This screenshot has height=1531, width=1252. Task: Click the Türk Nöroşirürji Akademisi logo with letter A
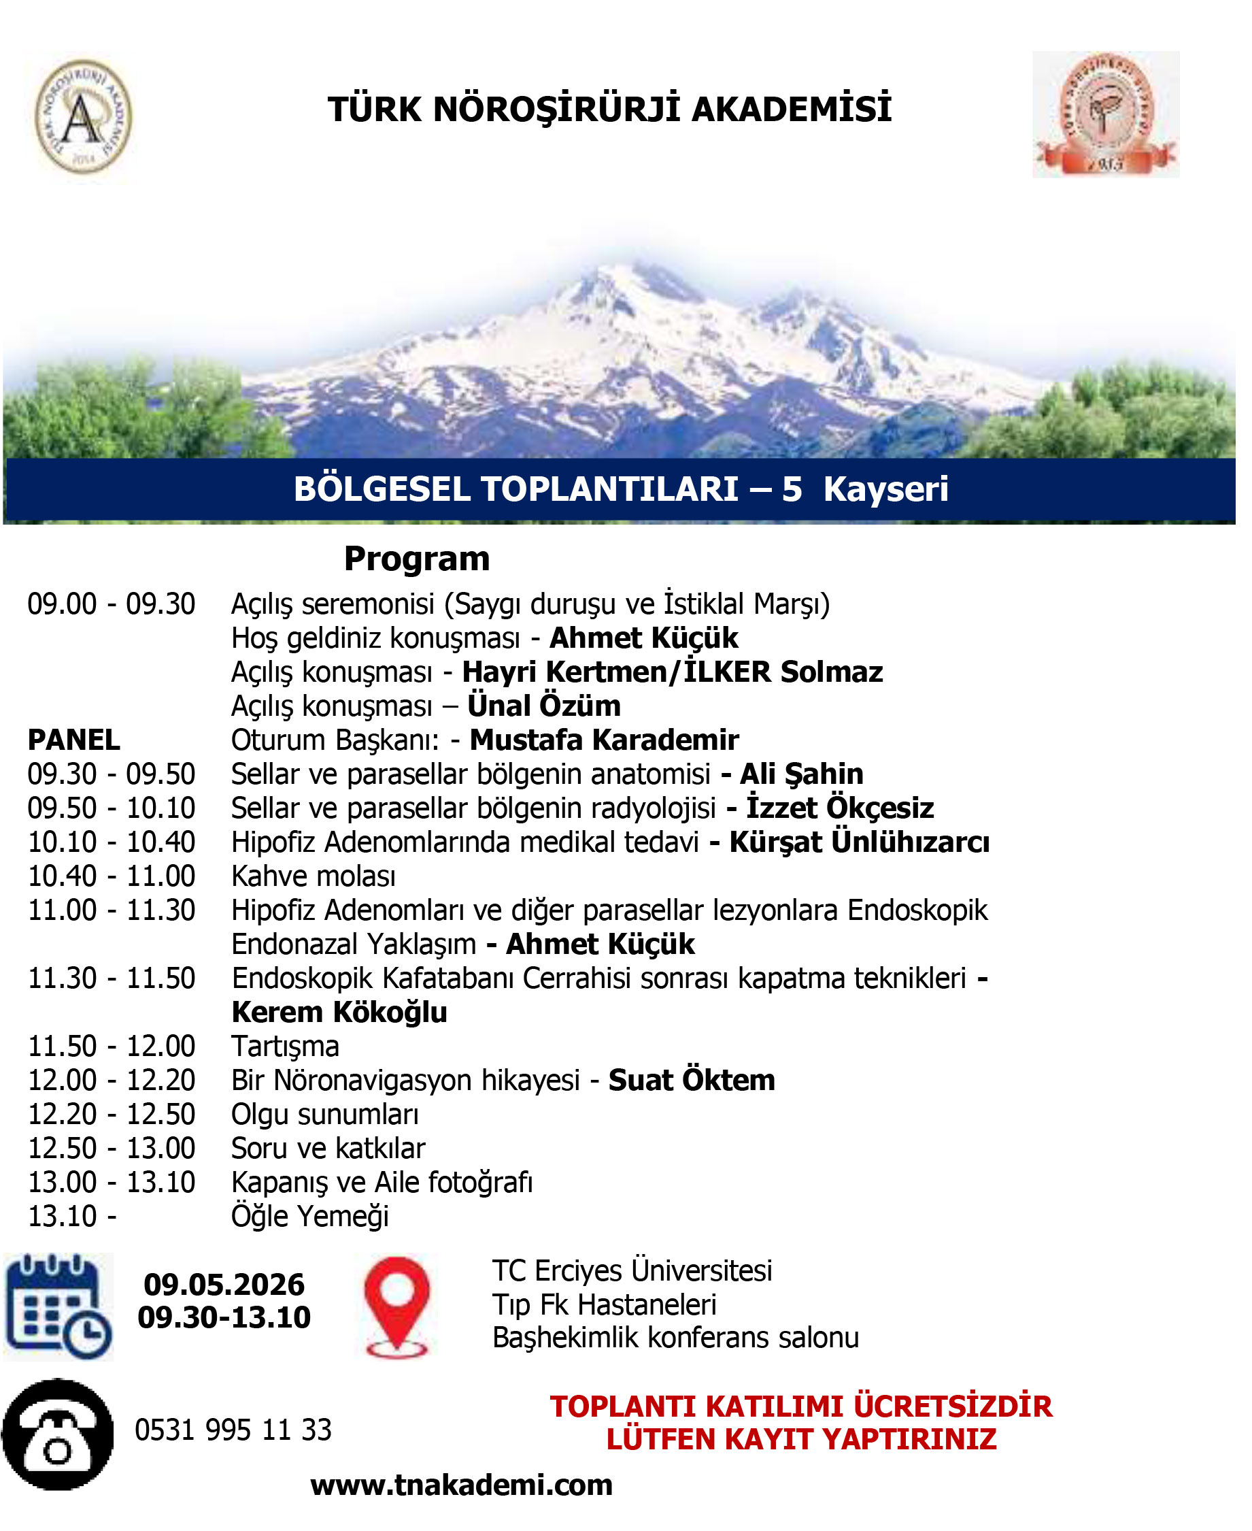coord(84,116)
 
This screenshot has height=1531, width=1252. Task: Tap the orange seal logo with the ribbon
coord(1105,114)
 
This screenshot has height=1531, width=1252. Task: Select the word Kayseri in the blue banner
coord(885,489)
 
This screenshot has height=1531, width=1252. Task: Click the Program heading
coord(417,559)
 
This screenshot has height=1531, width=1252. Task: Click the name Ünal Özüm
coord(544,706)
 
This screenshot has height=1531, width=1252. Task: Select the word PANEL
coord(73,740)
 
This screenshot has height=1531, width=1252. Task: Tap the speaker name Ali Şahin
coord(801,774)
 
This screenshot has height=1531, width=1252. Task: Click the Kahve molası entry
coord(313,876)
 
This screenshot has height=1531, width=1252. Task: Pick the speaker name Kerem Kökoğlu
coord(339,1013)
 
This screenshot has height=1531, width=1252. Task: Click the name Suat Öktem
coord(692,1080)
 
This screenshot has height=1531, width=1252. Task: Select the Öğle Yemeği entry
coord(309,1217)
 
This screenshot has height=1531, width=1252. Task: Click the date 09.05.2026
coord(224,1285)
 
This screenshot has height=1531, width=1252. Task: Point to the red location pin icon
coord(396,1306)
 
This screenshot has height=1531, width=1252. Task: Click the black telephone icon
coord(58,1434)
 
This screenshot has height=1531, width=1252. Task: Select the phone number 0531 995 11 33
coord(233,1430)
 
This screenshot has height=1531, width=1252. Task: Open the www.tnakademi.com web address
coord(462,1485)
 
